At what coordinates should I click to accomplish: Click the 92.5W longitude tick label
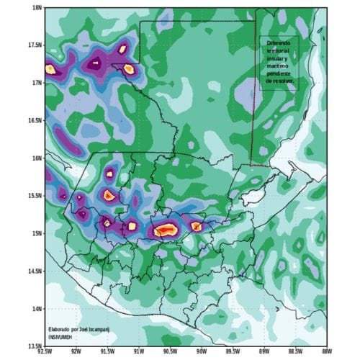tap(45, 351)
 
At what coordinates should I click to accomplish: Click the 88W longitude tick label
tap(325, 351)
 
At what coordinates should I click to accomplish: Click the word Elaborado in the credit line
tap(62, 328)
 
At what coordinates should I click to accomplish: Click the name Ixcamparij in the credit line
tap(103, 328)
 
